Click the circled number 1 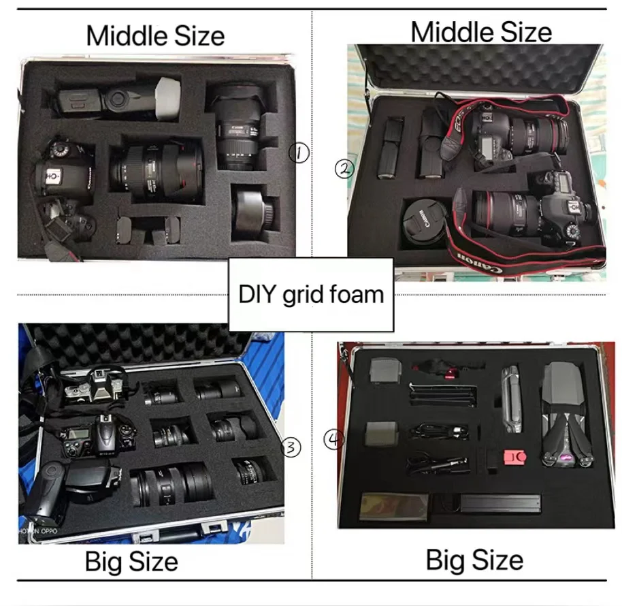click(x=299, y=153)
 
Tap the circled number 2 click(x=344, y=168)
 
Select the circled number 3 click(x=291, y=447)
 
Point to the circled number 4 click(x=333, y=441)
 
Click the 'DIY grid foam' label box click(x=311, y=295)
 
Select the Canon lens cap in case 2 click(x=423, y=221)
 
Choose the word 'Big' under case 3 click(x=105, y=562)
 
